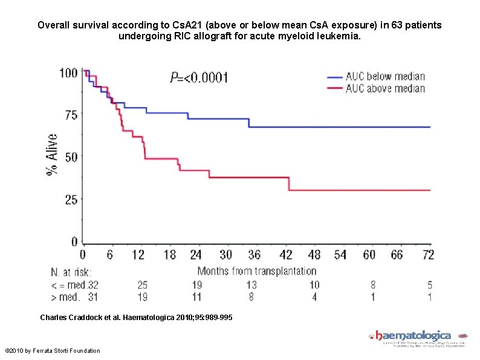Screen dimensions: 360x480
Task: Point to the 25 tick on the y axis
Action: coord(71,200)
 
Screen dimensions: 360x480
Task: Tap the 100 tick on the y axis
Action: coord(68,73)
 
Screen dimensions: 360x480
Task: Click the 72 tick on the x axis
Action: coord(428,255)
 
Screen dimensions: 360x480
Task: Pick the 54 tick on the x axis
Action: coord(340,255)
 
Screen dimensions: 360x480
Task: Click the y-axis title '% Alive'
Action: coord(53,155)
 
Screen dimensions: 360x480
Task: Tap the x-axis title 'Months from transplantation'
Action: coord(257,271)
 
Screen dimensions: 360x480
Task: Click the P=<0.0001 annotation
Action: coord(199,77)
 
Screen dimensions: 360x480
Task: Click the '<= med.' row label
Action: coord(66,285)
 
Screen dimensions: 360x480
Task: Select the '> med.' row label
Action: coord(66,298)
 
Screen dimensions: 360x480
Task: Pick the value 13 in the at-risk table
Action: coord(251,285)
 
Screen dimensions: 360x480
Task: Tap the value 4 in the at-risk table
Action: coord(314,298)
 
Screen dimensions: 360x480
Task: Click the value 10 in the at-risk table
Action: coord(314,285)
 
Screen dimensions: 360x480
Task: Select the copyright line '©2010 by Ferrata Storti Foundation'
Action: coord(53,351)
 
